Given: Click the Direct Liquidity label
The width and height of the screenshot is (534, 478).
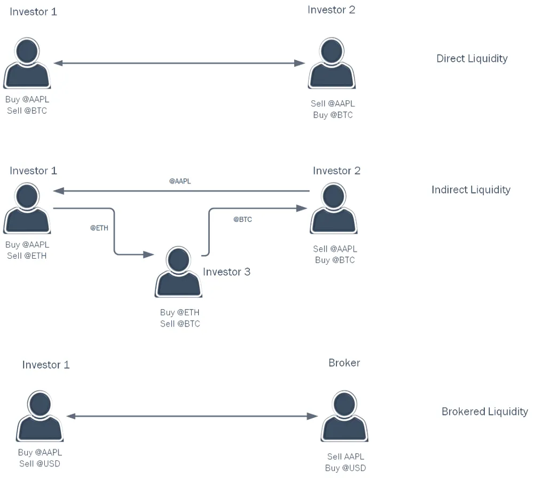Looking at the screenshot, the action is click(x=472, y=59).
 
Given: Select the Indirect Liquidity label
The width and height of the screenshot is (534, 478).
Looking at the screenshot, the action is click(x=470, y=189).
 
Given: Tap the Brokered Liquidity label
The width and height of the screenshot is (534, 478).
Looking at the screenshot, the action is click(x=485, y=411).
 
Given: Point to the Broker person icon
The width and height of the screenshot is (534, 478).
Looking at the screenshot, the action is click(x=344, y=416).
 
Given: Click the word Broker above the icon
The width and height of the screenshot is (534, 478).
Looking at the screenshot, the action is click(x=344, y=363).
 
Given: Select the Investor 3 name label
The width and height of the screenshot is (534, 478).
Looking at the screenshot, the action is click(x=226, y=272).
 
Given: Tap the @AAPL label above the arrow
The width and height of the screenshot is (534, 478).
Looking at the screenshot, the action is click(x=180, y=181).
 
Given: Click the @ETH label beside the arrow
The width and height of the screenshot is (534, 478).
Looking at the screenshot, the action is click(x=99, y=228).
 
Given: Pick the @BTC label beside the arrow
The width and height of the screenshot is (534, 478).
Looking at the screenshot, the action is click(x=242, y=219).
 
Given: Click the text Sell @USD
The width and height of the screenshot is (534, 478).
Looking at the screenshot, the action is click(x=40, y=464).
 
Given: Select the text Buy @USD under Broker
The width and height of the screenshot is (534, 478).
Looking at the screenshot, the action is click(x=345, y=468).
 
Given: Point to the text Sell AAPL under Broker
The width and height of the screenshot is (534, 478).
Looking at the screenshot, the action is click(x=345, y=457).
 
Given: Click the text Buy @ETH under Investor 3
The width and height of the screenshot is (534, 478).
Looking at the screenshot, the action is click(x=180, y=312).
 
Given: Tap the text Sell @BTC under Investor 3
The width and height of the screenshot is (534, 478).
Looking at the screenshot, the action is click(x=180, y=324).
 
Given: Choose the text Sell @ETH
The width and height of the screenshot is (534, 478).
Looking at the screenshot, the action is click(x=27, y=256).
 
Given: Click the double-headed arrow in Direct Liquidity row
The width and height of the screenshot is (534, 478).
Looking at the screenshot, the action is click(x=179, y=63).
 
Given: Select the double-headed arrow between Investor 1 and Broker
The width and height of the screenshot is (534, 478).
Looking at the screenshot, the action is click(x=192, y=416).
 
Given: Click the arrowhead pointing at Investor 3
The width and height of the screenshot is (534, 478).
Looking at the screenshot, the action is click(x=148, y=254).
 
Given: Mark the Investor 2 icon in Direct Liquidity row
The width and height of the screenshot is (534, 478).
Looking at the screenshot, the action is click(x=332, y=63).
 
